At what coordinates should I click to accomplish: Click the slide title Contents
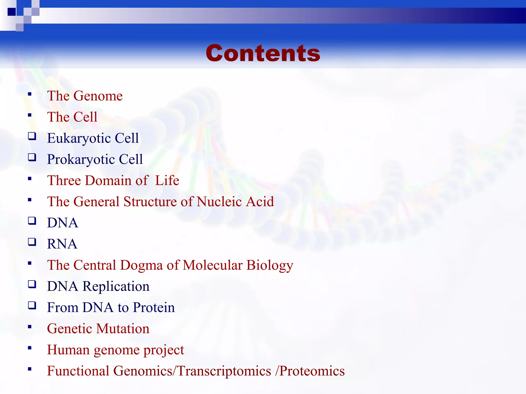point(263,53)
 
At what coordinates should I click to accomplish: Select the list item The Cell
point(72,117)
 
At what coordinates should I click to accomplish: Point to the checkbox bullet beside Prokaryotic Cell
point(32,157)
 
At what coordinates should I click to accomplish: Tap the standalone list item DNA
point(62,223)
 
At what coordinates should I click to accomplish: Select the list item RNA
point(62,244)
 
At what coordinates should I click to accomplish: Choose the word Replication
point(116,286)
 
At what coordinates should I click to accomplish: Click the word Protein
point(154,307)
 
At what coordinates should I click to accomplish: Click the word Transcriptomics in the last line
point(224,371)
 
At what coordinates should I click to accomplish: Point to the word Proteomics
point(312,371)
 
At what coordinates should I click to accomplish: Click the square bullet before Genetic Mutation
point(30,327)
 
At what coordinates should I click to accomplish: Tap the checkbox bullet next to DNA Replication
point(32,284)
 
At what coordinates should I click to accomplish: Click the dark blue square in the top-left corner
point(12,12)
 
